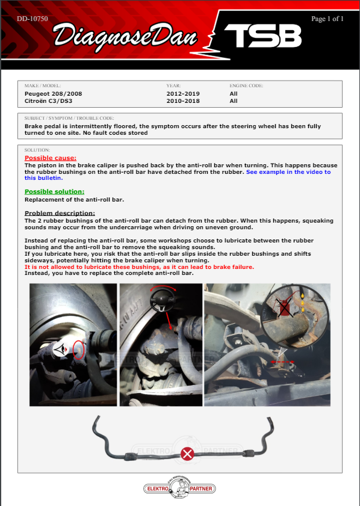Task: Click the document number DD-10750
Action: [x=33, y=19]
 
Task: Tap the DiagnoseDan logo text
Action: [x=125, y=37]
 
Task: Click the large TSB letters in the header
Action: [x=263, y=36]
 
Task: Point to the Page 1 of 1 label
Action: [x=327, y=19]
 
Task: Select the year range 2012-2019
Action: [x=183, y=94]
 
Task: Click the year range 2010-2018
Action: [x=183, y=101]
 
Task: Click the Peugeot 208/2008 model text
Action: [x=53, y=94]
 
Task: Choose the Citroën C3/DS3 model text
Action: [x=48, y=101]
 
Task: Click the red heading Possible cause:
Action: [x=51, y=158]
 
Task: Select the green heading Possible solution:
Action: [x=54, y=192]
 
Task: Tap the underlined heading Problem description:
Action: [x=60, y=213]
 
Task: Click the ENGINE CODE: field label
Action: [x=246, y=85]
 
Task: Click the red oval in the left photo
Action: [x=78, y=350]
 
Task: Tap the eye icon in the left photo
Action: [x=61, y=349]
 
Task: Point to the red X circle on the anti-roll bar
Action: [x=187, y=454]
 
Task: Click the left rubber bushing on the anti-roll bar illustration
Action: [x=130, y=457]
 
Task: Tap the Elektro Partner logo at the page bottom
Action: [x=179, y=488]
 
